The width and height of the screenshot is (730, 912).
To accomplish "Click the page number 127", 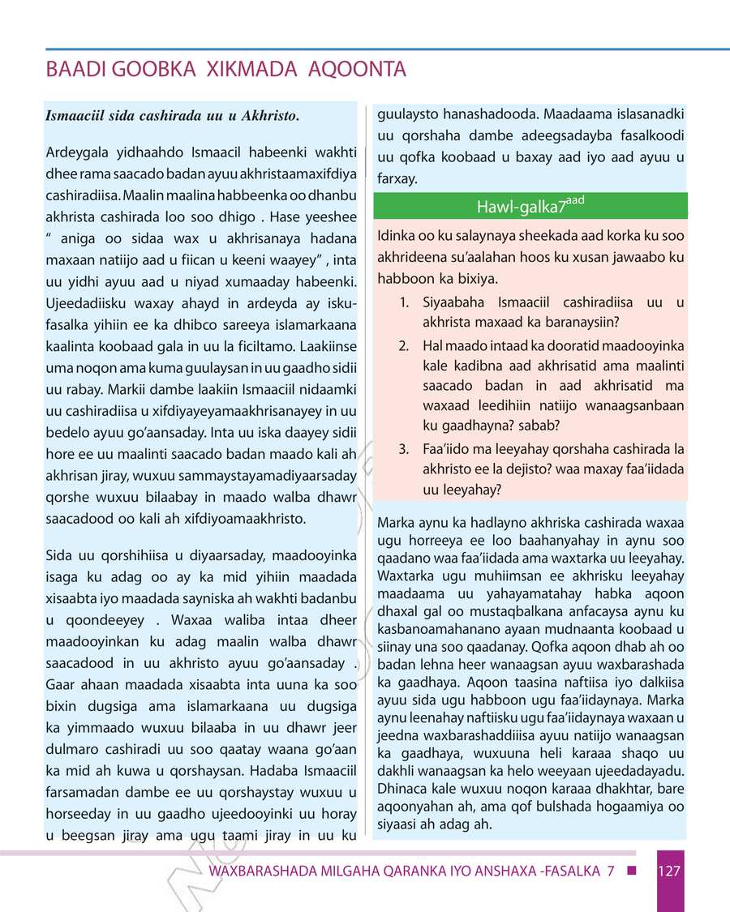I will click(669, 871).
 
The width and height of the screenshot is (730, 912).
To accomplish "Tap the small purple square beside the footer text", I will click(631, 871).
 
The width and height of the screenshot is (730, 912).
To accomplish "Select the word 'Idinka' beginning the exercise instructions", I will click(397, 238).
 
